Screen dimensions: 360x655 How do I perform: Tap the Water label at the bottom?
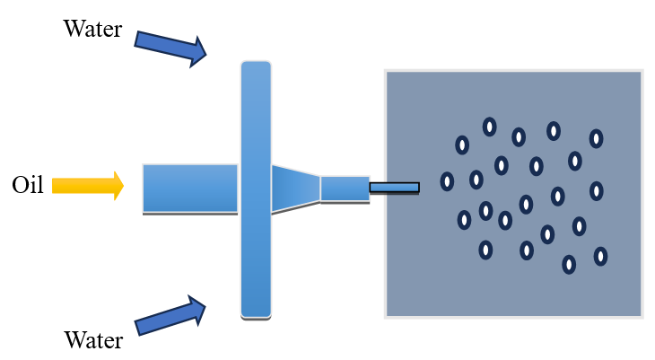click(x=94, y=340)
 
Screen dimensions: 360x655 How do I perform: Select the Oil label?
click(x=28, y=186)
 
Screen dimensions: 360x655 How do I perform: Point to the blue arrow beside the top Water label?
click(x=170, y=48)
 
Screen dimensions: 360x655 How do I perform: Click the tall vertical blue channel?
click(x=256, y=189)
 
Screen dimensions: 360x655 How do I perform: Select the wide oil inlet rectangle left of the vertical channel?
click(x=190, y=188)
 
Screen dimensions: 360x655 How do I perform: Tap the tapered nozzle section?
click(x=295, y=188)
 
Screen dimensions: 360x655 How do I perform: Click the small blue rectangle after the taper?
click(x=345, y=188)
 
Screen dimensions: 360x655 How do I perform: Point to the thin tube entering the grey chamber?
click(x=394, y=188)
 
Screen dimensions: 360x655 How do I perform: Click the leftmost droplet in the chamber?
click(x=447, y=181)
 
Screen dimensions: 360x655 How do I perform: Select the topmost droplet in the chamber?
click(x=490, y=127)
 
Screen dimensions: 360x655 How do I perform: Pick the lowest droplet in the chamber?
click(x=569, y=264)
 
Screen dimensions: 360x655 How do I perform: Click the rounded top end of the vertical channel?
click(x=256, y=65)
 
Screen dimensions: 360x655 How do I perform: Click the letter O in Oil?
click(x=19, y=186)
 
